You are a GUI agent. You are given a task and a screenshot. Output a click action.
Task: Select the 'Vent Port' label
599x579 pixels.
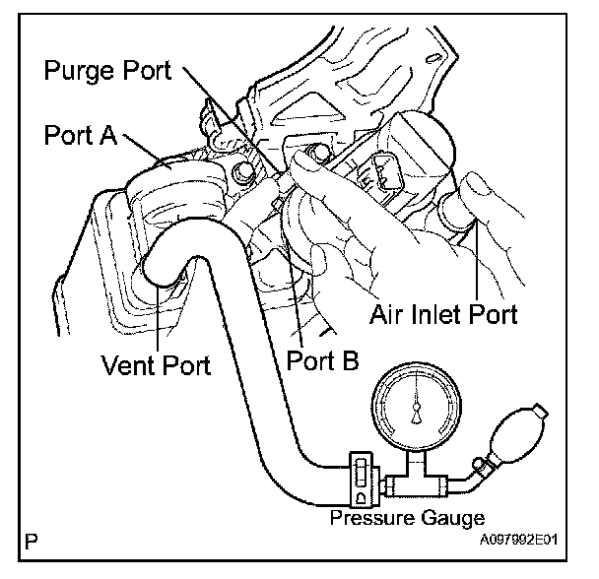click(x=157, y=366)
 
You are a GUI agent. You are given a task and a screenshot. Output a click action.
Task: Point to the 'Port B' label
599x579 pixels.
click(x=322, y=360)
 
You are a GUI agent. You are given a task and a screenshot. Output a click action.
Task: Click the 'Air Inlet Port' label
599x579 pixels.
click(x=443, y=315)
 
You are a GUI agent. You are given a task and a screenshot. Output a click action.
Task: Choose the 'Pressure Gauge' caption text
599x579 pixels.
click(x=406, y=519)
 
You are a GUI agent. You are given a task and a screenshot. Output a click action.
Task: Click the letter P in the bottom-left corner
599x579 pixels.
click(x=34, y=542)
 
